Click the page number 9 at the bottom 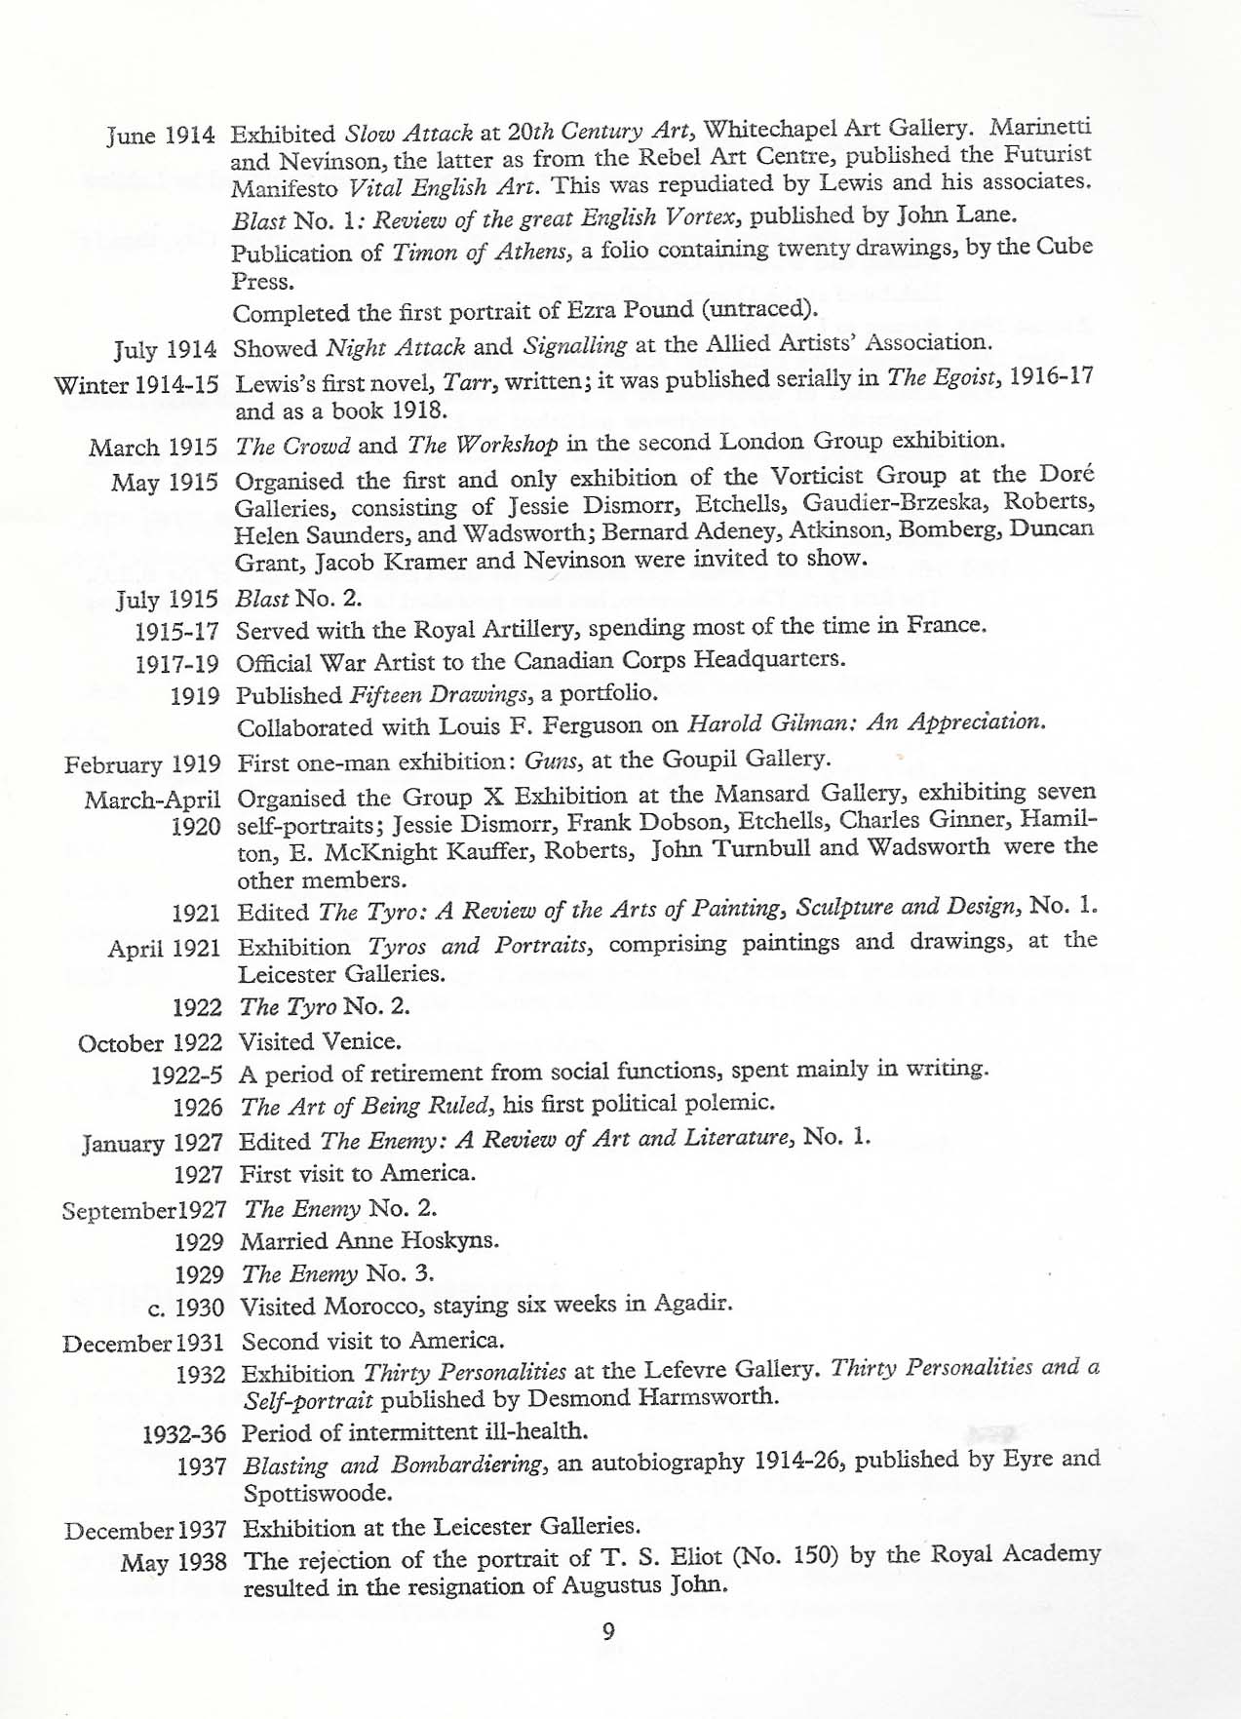(608, 1630)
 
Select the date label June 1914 (160, 135)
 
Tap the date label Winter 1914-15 (136, 384)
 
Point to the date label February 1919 (142, 764)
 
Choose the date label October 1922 (150, 1043)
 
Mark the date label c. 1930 (186, 1307)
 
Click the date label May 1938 (174, 1563)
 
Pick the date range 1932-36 (184, 1434)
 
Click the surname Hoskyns (452, 1240)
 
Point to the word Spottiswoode (317, 1493)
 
